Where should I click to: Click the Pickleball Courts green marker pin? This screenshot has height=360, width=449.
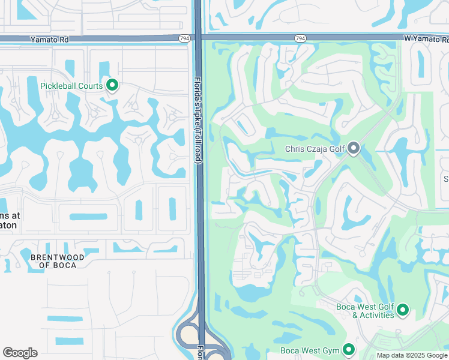coord(112,85)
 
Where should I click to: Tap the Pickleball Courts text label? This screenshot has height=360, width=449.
coord(71,86)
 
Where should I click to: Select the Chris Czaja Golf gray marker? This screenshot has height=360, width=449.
coord(354,147)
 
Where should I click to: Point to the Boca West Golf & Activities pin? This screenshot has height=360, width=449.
coord(403,310)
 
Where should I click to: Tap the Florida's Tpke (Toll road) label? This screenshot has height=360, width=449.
coord(198,119)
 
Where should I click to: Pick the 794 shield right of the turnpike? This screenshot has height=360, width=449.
coord(300,38)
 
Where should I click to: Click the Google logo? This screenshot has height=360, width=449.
coord(20,352)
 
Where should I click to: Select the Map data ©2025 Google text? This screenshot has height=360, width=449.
coord(412,355)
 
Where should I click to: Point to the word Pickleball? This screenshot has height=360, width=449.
coord(59,86)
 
